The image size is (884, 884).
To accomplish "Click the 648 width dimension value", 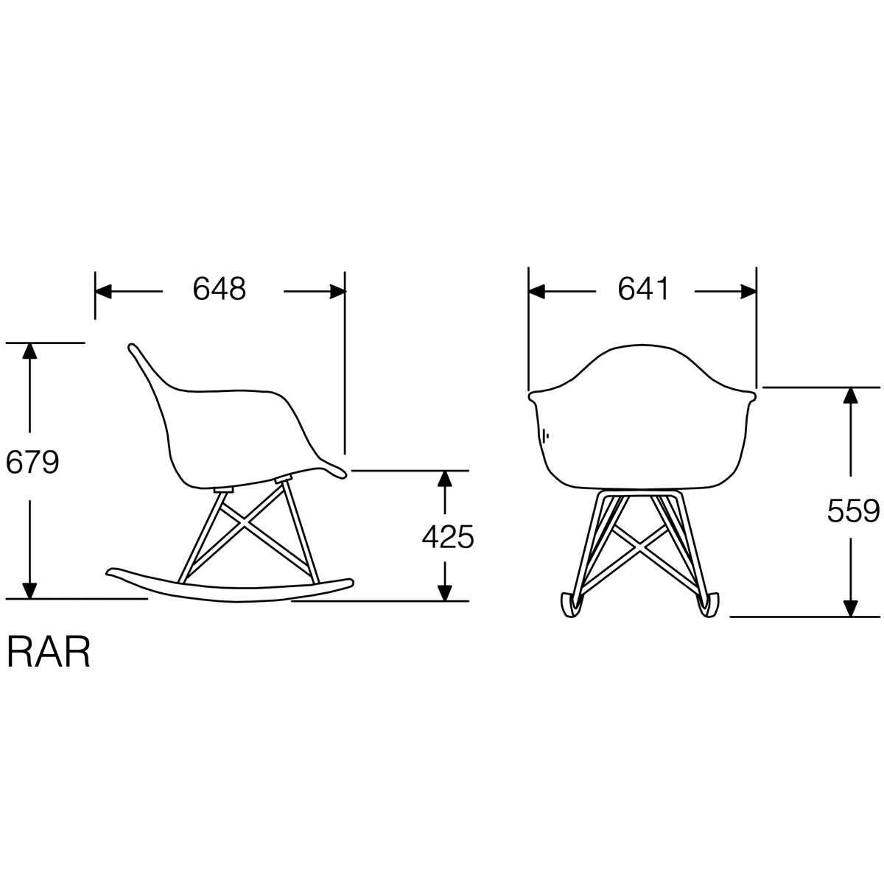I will pyautogui.click(x=219, y=290).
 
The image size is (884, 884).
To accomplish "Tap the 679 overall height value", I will pyautogui.click(x=32, y=463).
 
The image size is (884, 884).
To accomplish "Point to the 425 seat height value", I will pyautogui.click(x=447, y=538).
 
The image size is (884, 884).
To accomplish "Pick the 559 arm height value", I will pyautogui.click(x=853, y=511).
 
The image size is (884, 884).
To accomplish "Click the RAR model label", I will pyautogui.click(x=49, y=651).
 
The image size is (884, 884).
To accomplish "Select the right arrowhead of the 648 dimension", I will pyautogui.click(x=337, y=292).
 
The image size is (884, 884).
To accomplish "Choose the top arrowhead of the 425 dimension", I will pyautogui.click(x=443, y=480).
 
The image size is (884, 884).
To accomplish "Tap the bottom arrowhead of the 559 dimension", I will pyautogui.click(x=850, y=608).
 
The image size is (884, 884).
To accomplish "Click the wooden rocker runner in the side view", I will pyautogui.click(x=228, y=587).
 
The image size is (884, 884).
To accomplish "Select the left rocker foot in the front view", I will pyautogui.click(x=570, y=606).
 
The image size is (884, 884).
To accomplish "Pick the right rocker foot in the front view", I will pyautogui.click(x=709, y=606).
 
